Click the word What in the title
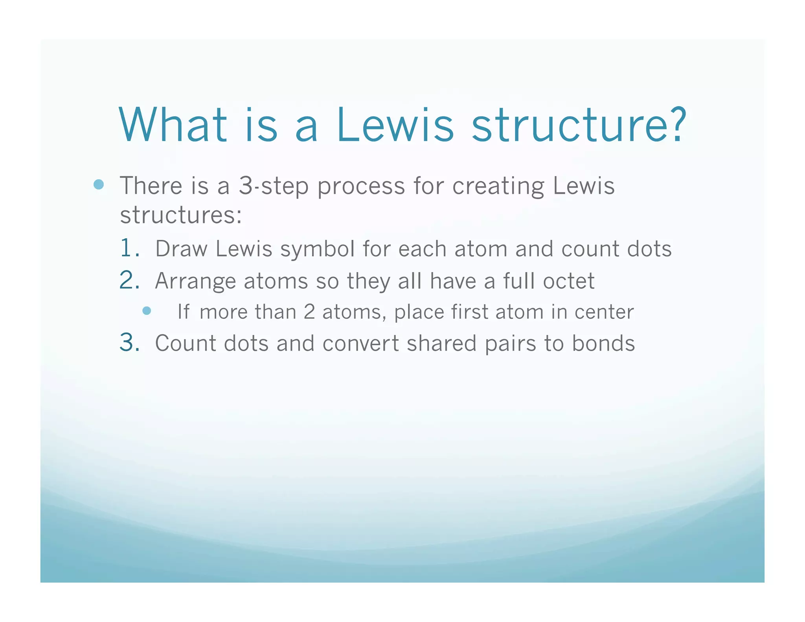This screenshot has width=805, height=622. tap(173, 125)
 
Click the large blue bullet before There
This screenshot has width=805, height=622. tap(99, 184)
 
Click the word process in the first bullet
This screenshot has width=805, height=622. tap(361, 186)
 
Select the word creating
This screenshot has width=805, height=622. tap(498, 186)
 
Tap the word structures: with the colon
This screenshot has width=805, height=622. tap(181, 215)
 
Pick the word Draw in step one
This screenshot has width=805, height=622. tap(181, 249)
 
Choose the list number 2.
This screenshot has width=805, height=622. tap(129, 280)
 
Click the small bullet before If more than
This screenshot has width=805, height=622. tap(147, 311)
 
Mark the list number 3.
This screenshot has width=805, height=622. tap(129, 342)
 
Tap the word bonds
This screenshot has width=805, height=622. tap(603, 343)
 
